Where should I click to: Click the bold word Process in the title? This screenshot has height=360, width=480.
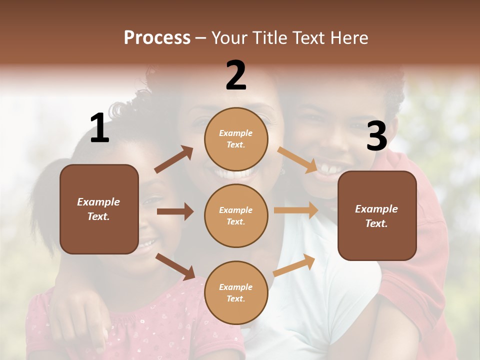(157, 38)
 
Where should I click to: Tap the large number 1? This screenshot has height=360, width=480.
(99, 128)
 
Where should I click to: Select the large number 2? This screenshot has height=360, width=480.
(236, 75)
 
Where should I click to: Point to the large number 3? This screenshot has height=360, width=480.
(377, 136)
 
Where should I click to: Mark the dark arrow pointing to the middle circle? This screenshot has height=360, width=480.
(175, 211)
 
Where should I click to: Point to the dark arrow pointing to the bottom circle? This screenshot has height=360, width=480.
(175, 266)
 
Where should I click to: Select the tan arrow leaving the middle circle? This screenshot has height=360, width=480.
(296, 210)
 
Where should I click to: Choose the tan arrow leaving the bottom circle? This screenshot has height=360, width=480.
(294, 265)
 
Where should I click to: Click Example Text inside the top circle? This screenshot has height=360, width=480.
(236, 139)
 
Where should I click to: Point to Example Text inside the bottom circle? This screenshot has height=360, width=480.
(236, 293)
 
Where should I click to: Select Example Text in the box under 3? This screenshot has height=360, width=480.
(377, 216)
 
